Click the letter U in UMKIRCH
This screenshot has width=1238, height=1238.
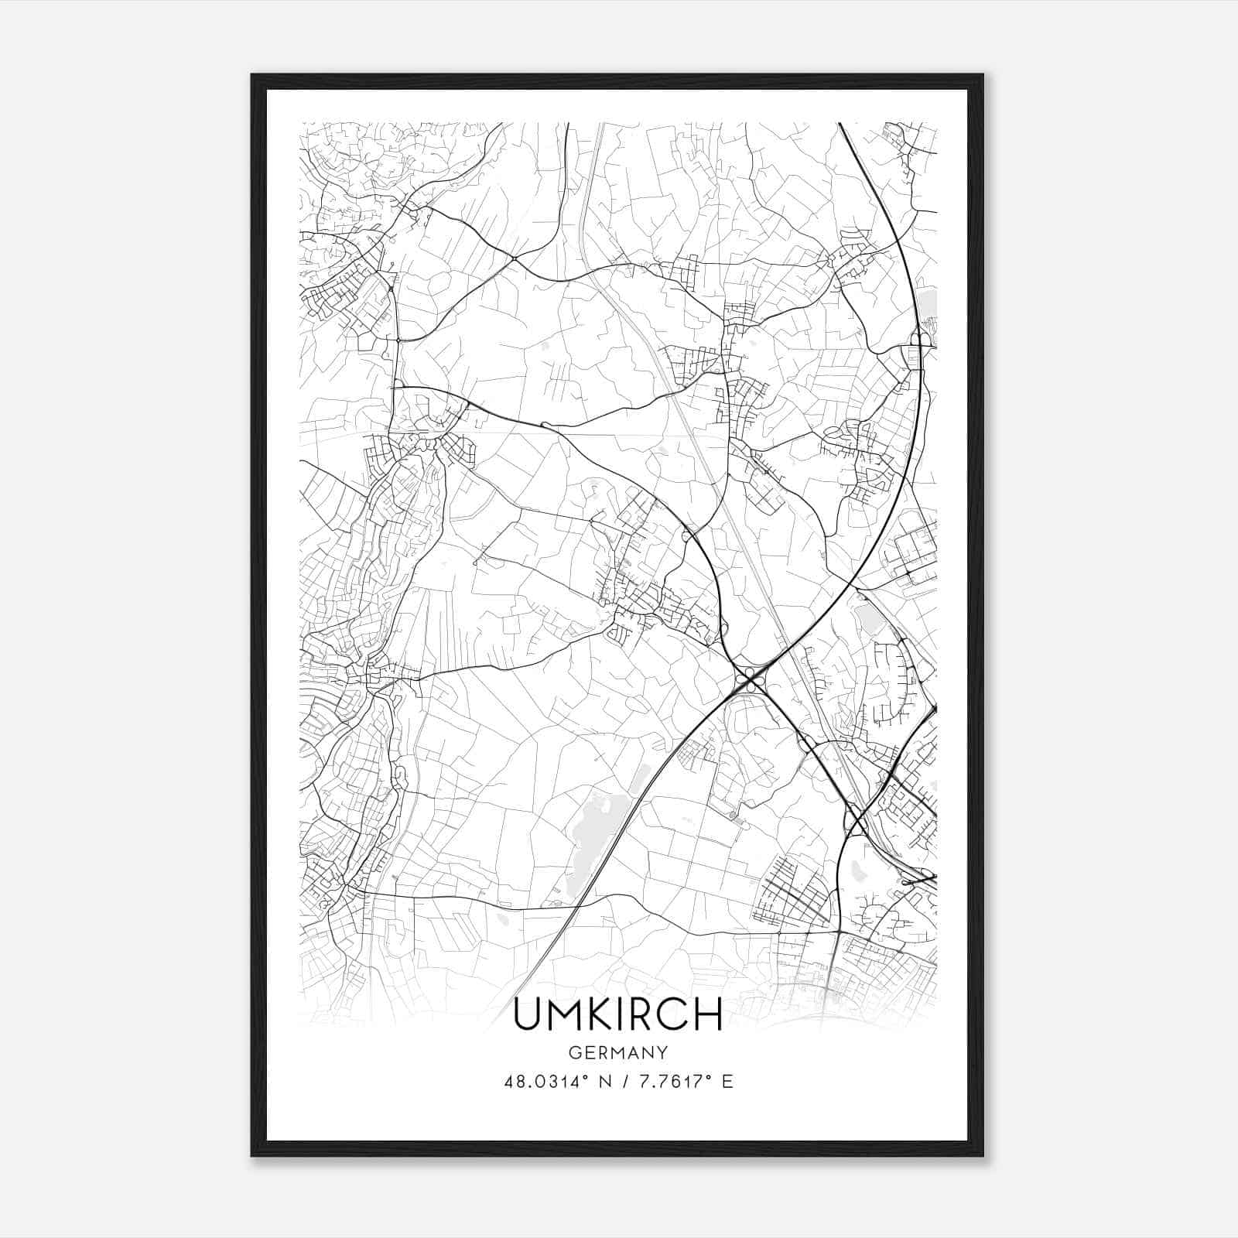click(x=529, y=1014)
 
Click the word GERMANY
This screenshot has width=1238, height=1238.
click(x=618, y=1052)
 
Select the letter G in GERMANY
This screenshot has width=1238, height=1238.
click(x=575, y=1052)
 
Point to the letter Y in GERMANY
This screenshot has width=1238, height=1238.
click(x=662, y=1052)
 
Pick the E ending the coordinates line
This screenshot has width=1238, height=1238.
click(x=727, y=1081)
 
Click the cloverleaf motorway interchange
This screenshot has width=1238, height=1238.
click(x=749, y=680)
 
